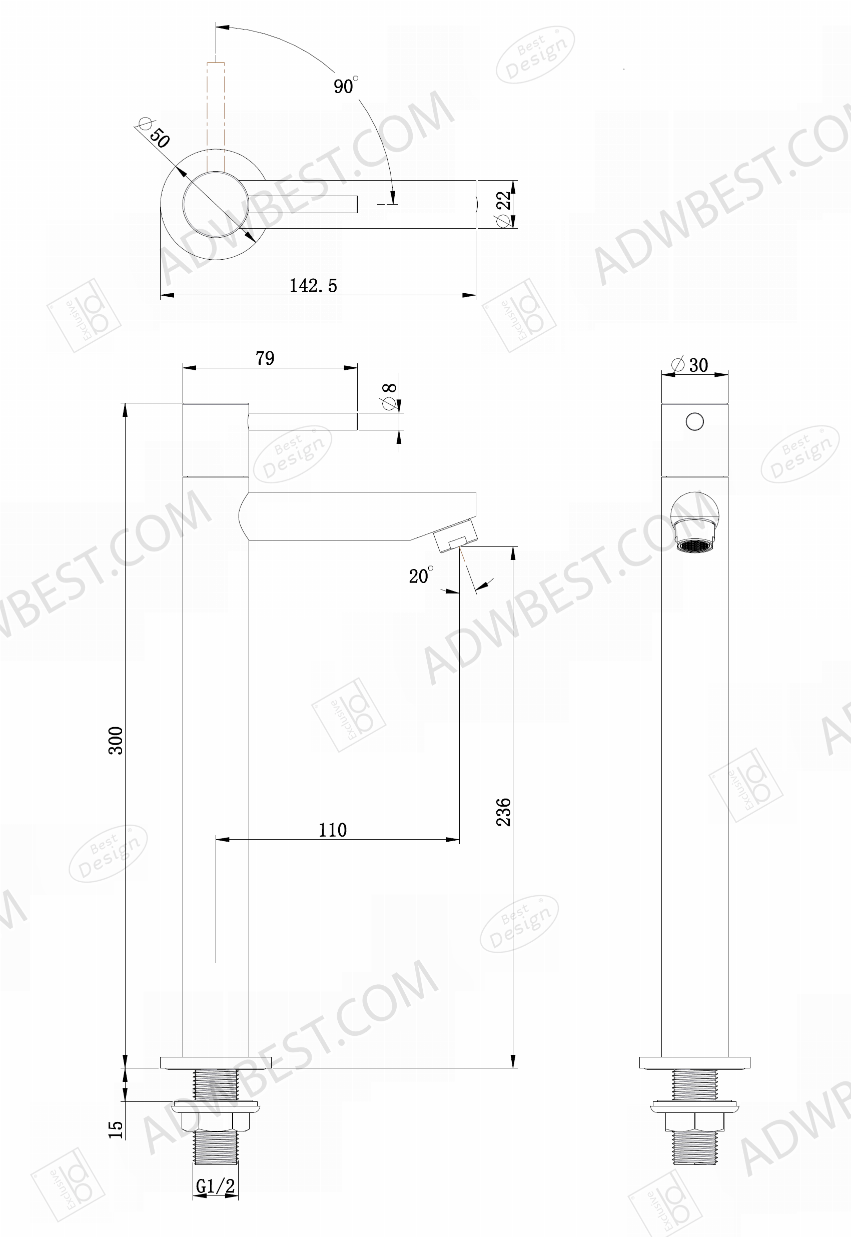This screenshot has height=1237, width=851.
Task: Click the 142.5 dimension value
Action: pyautogui.click(x=313, y=286)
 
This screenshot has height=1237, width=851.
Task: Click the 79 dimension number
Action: pyautogui.click(x=265, y=358)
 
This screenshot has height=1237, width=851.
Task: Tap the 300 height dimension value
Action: pyautogui.click(x=116, y=740)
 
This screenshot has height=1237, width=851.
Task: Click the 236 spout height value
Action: pyautogui.click(x=503, y=812)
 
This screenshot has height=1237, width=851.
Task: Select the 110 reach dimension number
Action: pyautogui.click(x=333, y=830)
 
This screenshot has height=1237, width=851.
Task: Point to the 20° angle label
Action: pyautogui.click(x=421, y=575)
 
